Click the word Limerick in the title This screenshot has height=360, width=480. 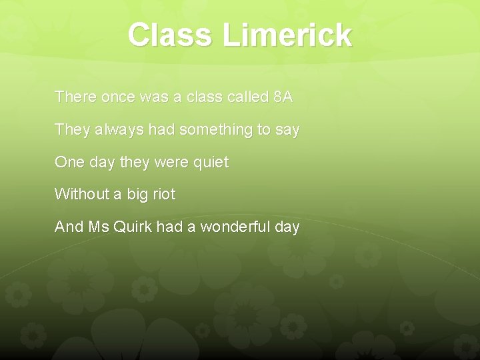(287, 35)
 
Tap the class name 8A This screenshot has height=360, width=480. (283, 97)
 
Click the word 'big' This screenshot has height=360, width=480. (135, 195)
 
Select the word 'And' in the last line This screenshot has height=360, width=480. (69, 227)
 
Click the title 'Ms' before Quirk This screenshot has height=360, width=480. (95, 227)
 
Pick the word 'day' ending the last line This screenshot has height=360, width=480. (287, 227)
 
